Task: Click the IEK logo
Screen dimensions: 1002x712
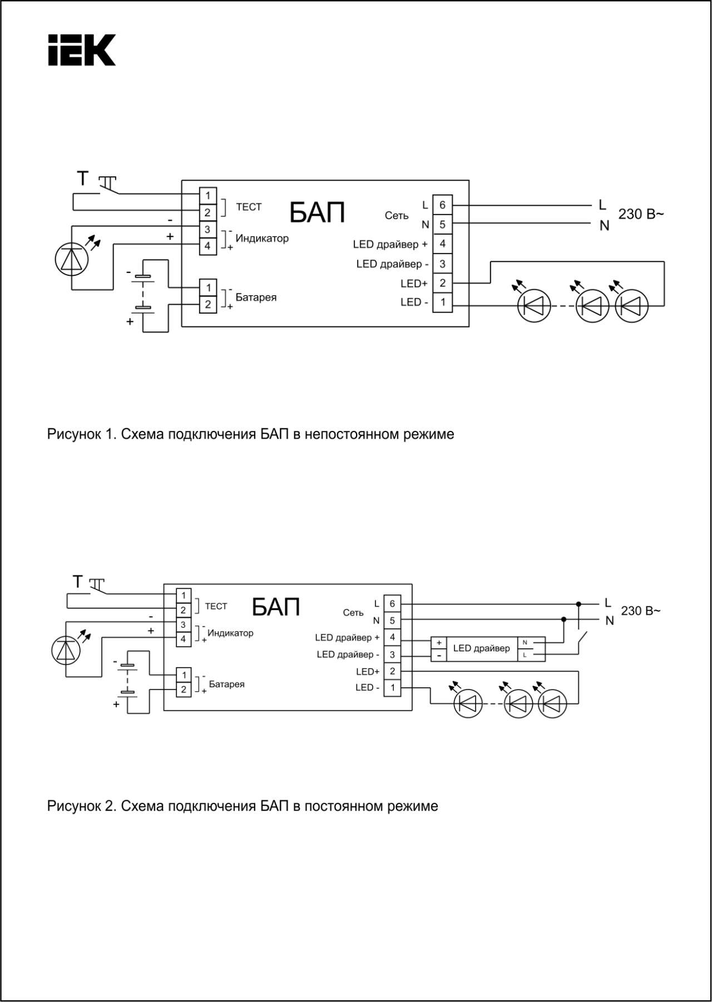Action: pyautogui.click(x=82, y=50)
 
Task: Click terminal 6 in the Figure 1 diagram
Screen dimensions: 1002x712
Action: pyautogui.click(x=442, y=205)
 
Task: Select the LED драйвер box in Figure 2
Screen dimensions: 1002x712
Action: pyautogui.click(x=481, y=648)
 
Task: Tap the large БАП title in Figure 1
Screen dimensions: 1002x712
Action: pyautogui.click(x=317, y=212)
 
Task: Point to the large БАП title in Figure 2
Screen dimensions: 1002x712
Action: pyautogui.click(x=276, y=607)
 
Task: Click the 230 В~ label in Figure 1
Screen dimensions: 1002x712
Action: pyautogui.click(x=641, y=214)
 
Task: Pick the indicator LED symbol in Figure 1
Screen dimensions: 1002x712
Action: pyautogui.click(x=72, y=259)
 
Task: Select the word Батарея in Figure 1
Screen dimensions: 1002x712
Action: pyautogui.click(x=256, y=297)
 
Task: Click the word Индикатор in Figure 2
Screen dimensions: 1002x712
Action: pyautogui.click(x=230, y=633)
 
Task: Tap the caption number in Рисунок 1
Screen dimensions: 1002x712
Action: pyautogui.click(x=110, y=434)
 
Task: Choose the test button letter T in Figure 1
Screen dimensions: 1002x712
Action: pyautogui.click(x=83, y=178)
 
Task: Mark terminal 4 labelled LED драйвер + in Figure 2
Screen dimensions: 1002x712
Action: pyautogui.click(x=392, y=637)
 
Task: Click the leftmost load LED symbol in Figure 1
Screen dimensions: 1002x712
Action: pyautogui.click(x=534, y=305)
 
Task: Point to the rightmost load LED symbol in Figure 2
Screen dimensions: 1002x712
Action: pyautogui.click(x=552, y=705)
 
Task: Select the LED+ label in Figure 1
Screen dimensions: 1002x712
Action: pyautogui.click(x=414, y=284)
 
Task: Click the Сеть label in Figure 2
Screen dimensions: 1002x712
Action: pyautogui.click(x=353, y=613)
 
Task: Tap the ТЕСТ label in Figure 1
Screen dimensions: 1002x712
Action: pyautogui.click(x=249, y=207)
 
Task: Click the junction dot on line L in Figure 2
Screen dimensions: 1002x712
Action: pyautogui.click(x=578, y=604)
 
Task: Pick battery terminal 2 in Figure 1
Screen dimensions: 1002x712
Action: pyautogui.click(x=208, y=304)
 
